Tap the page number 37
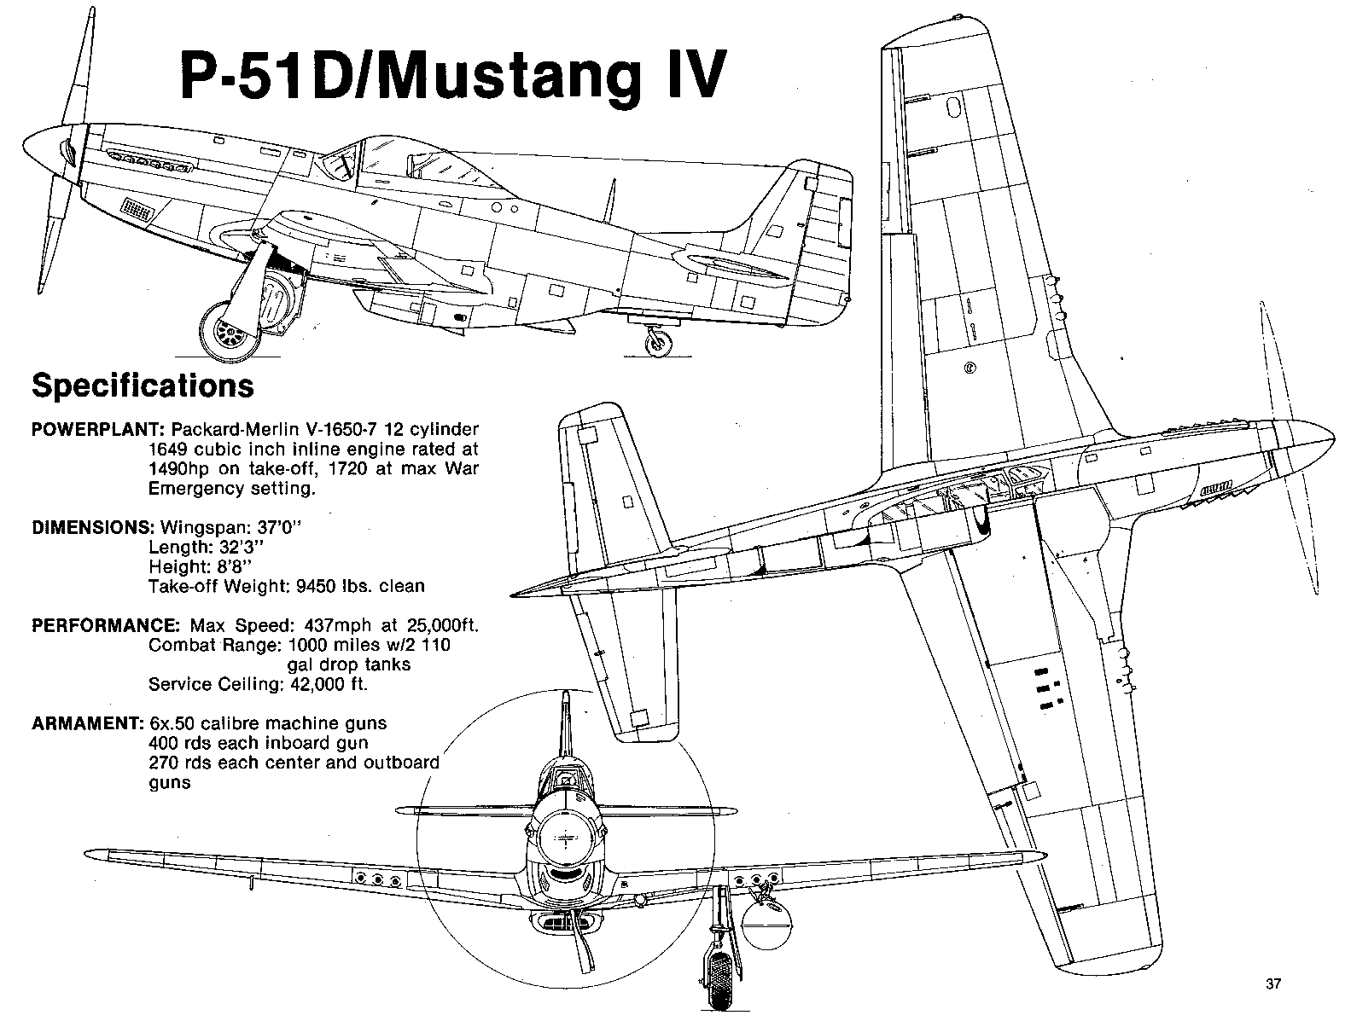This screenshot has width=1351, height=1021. (1272, 983)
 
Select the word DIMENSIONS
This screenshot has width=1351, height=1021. (92, 527)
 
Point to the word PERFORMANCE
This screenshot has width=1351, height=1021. (105, 625)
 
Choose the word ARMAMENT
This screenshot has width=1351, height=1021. (87, 723)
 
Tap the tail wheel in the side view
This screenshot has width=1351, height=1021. (658, 343)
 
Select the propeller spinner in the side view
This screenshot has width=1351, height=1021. (50, 151)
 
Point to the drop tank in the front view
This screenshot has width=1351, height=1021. (767, 924)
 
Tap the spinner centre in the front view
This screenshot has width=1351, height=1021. (564, 838)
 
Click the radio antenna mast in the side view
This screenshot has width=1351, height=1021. (609, 201)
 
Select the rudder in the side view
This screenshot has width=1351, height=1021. (829, 240)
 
